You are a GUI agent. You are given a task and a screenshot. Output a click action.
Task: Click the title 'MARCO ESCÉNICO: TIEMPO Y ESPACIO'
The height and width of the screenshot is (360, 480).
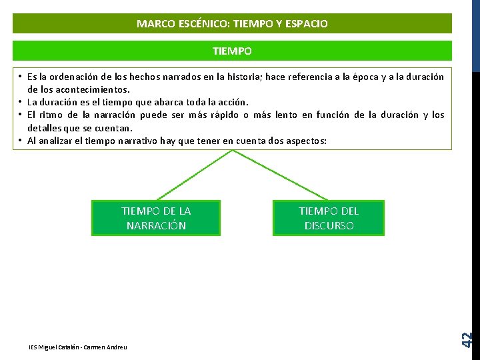coord(232,24)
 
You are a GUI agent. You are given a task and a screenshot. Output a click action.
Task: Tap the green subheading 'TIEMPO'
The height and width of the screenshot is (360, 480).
coord(232,51)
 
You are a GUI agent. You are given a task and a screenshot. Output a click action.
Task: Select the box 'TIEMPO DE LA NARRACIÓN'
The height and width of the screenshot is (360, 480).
coord(156,218)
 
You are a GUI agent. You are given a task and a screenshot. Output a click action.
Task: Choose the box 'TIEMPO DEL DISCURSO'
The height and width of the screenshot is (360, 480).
coord(328,218)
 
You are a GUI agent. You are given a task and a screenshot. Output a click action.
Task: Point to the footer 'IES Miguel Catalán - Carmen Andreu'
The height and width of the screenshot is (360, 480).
coord(78,347)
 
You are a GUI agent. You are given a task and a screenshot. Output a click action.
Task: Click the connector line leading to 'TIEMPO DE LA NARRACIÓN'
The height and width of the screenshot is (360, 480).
coord(195,175)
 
